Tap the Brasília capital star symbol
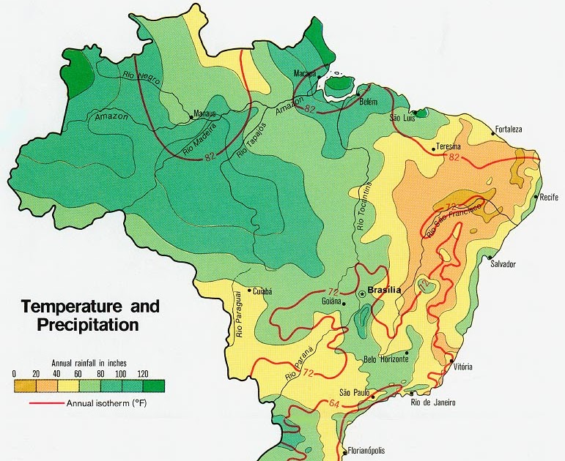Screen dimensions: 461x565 (x=361, y=293)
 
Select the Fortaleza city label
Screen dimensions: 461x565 (x=509, y=130)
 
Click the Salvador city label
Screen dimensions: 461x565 (x=503, y=263)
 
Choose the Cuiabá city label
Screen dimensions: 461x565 (x=263, y=291)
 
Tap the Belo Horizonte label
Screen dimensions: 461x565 (x=385, y=359)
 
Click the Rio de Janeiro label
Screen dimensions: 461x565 (x=433, y=402)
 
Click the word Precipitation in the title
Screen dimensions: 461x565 (x=79, y=323)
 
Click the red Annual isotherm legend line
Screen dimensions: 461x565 (x=45, y=402)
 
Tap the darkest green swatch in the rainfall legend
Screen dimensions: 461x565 (x=154, y=385)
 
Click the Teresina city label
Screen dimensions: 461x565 (x=448, y=145)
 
